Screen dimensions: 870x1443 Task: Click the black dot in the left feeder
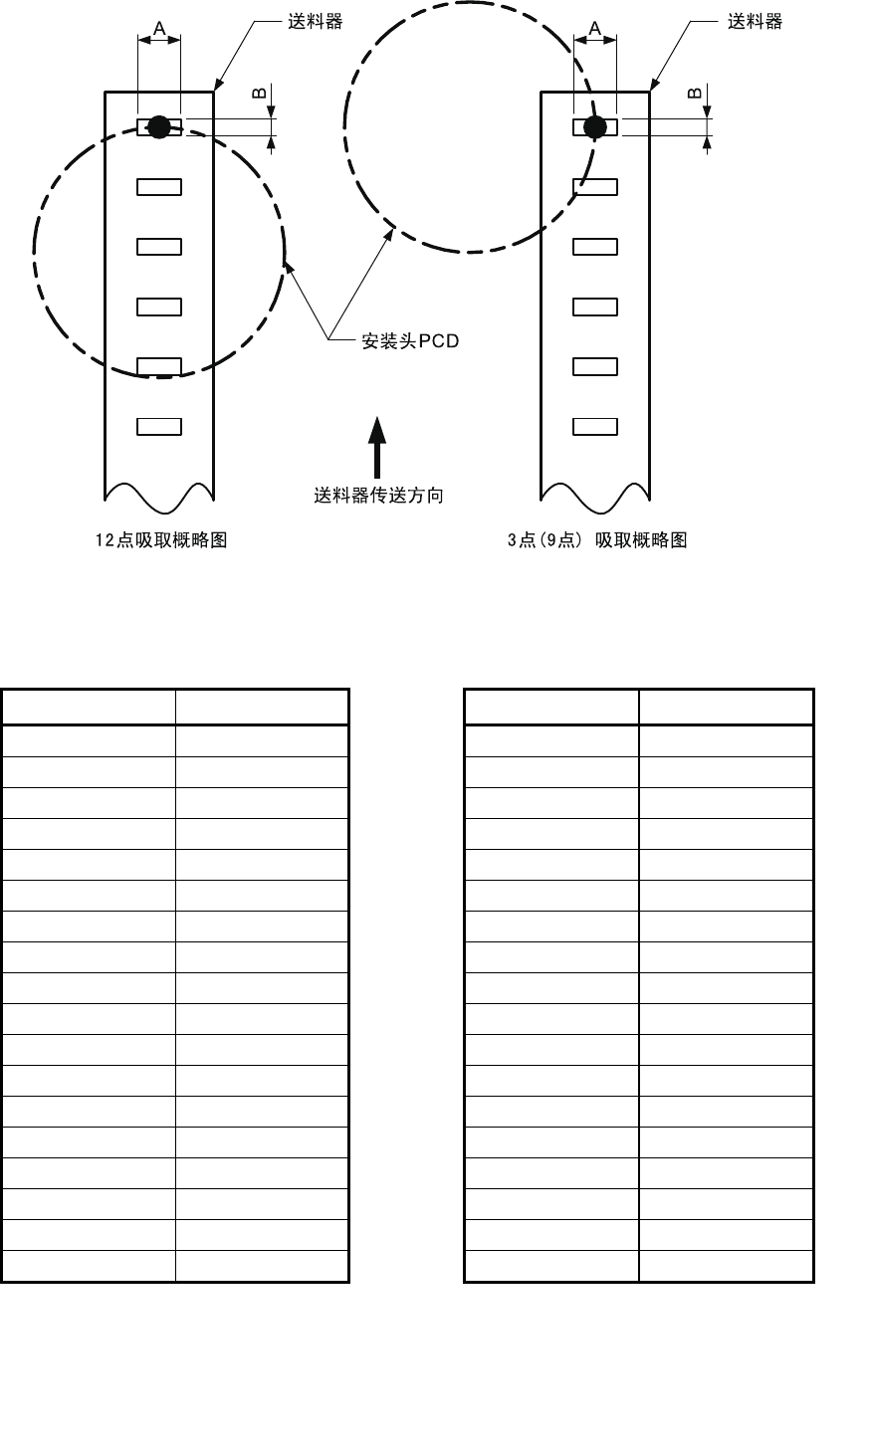click(159, 126)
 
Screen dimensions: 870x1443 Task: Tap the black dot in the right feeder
click(595, 126)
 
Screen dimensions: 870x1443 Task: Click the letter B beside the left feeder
click(259, 94)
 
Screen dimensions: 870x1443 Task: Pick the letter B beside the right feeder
click(695, 94)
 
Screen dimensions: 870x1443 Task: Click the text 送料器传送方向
click(378, 496)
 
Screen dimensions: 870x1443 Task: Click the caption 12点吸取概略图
click(161, 540)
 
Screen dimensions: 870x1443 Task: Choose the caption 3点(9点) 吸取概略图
click(597, 540)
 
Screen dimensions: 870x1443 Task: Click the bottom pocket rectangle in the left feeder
click(159, 427)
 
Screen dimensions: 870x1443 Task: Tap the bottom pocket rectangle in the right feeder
click(595, 427)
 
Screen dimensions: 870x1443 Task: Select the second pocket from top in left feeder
click(159, 187)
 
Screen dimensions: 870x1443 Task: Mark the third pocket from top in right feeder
click(595, 247)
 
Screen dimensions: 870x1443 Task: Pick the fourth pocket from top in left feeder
click(159, 307)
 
